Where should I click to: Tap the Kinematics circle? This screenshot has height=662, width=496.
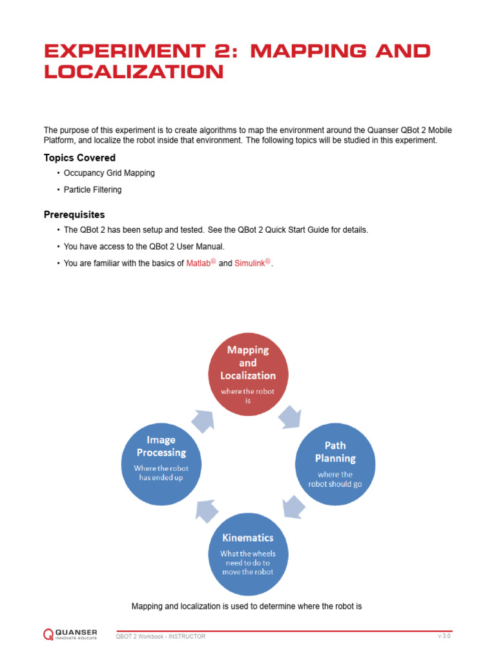(x=247, y=553)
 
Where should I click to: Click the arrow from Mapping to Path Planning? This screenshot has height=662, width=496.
(x=289, y=416)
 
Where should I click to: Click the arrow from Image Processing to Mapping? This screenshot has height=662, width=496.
(x=204, y=420)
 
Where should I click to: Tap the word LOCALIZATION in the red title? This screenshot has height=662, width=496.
(x=134, y=72)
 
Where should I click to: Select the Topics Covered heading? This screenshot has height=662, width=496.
(x=79, y=158)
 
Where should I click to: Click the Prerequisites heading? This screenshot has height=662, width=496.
(x=74, y=215)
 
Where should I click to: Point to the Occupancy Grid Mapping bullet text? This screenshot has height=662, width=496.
(x=109, y=173)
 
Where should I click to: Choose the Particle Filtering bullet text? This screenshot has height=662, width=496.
(x=92, y=190)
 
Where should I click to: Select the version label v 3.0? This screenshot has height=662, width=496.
(x=444, y=636)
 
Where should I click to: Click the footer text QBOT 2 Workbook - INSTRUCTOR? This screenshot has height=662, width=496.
(x=160, y=637)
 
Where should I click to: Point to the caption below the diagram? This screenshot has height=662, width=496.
(x=246, y=606)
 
